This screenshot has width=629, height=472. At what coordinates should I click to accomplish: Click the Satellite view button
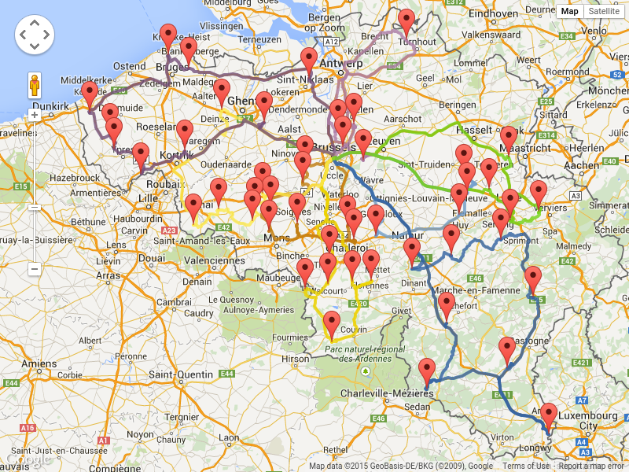[604, 11]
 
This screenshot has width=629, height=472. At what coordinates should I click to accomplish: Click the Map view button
[569, 11]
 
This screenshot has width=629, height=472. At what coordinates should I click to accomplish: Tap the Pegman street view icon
[35, 85]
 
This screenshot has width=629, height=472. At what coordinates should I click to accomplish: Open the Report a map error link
[592, 466]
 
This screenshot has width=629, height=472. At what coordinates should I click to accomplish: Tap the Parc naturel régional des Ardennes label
[357, 353]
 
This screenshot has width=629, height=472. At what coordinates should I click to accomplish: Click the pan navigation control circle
[35, 35]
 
